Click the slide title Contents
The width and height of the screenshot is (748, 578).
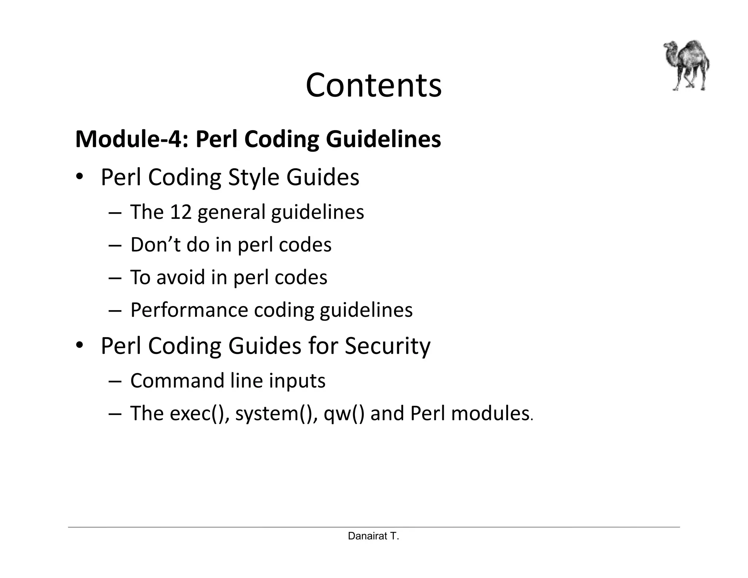tap(373, 85)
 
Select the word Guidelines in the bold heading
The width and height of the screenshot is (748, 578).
tap(383, 139)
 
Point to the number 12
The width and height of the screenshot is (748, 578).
tap(181, 212)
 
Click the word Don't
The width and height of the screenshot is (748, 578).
tap(155, 244)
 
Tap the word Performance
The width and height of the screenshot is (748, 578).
tap(189, 310)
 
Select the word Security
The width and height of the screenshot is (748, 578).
tap(388, 346)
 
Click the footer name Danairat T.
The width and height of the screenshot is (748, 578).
tap(373, 536)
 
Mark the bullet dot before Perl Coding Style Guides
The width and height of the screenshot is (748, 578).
tap(80, 178)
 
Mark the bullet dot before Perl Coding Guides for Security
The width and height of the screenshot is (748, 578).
tap(80, 346)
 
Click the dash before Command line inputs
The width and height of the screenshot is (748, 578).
tap(115, 381)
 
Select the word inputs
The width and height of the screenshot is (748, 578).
tap(297, 381)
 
